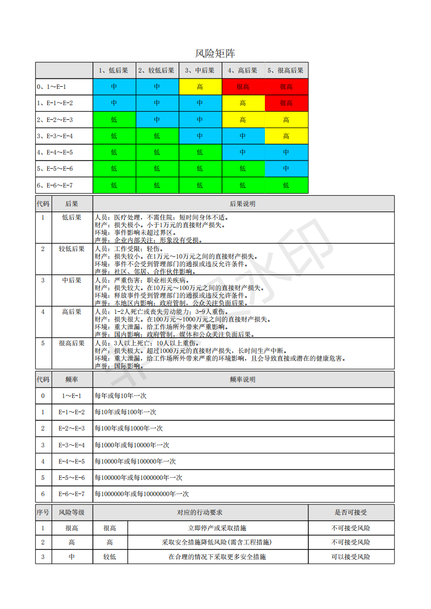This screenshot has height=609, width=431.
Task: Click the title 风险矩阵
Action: [215, 53]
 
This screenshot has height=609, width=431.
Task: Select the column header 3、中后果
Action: [200, 70]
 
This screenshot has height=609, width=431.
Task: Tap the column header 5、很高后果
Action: [286, 70]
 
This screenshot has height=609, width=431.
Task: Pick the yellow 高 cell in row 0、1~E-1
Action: [200, 87]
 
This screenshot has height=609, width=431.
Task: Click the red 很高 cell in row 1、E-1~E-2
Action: [286, 103]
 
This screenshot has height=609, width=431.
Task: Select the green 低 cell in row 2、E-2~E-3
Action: [114, 120]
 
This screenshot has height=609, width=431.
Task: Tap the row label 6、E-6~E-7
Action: [55, 185]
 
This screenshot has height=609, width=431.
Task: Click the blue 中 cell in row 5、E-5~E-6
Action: [286, 169]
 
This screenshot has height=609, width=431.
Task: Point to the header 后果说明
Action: [243, 204]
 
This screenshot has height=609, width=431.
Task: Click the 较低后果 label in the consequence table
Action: [72, 249]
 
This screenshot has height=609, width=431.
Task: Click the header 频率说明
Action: [243, 380]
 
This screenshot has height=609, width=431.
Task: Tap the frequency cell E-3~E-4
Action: [72, 445]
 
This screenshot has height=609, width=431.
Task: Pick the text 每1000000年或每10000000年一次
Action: [142, 494]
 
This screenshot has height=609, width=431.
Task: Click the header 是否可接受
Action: [351, 512]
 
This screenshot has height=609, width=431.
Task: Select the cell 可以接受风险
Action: [351, 557]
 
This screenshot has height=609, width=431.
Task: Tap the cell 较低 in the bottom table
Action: [110, 557]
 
